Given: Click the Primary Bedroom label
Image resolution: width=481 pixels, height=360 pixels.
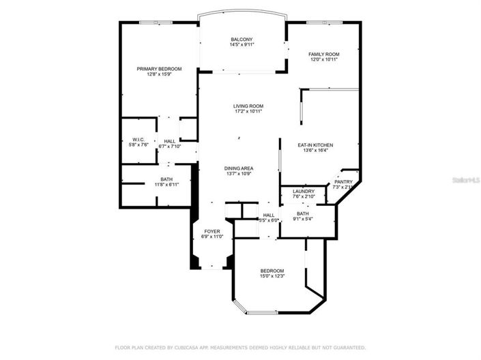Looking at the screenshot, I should click(x=159, y=69).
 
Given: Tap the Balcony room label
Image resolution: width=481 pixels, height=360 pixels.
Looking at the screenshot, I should click(x=242, y=40).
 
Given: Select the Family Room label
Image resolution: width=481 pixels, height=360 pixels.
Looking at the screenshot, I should click(x=323, y=54).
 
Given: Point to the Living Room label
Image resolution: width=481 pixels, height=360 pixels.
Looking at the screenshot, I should click(x=248, y=106).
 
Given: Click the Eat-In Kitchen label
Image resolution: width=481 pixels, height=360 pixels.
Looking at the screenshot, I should click(x=315, y=145).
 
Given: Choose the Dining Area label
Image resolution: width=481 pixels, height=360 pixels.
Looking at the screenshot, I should click(x=239, y=168).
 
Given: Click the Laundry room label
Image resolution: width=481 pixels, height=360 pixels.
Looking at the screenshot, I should click(x=303, y=192).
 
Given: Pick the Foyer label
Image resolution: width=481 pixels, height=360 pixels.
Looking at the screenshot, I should click(x=212, y=232).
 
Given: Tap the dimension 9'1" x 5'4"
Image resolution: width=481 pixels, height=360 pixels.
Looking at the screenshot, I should click(x=302, y=220).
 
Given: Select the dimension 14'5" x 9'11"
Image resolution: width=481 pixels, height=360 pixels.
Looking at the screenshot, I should click(x=242, y=45).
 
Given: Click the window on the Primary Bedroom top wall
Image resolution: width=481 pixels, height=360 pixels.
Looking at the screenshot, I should click(x=156, y=22).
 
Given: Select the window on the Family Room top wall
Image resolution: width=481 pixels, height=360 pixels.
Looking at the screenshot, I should click(x=320, y=22).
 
